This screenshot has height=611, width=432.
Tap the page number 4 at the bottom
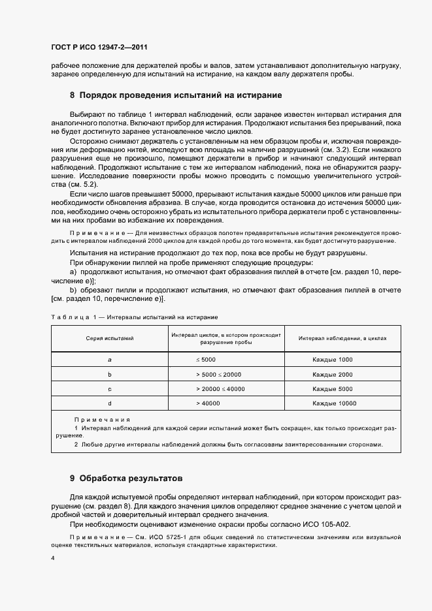pyautogui.click(x=53, y=558)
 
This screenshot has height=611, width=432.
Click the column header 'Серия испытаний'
pyautogui.click(x=110, y=339)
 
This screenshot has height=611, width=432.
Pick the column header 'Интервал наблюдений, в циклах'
pyautogui.click(x=342, y=339)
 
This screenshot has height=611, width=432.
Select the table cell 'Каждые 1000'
pyautogui.click(x=332, y=360)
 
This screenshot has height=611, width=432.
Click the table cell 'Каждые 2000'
pyautogui.click(x=332, y=375)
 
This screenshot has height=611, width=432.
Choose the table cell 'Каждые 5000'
pyautogui.click(x=332, y=389)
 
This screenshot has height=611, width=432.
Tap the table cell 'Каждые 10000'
pyautogui.click(x=334, y=403)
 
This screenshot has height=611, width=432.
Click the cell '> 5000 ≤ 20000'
pyautogui.click(x=218, y=375)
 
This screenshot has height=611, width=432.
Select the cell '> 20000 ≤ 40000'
pyautogui.click(x=220, y=389)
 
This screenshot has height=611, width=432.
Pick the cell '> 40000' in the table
pyautogui.click(x=208, y=403)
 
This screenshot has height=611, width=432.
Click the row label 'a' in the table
pyautogui.click(x=110, y=360)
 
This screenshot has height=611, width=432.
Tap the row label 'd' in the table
pyautogui.click(x=110, y=403)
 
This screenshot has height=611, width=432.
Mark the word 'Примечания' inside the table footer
pyautogui.click(x=102, y=419)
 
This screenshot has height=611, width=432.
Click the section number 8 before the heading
pyautogui.click(x=73, y=95)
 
